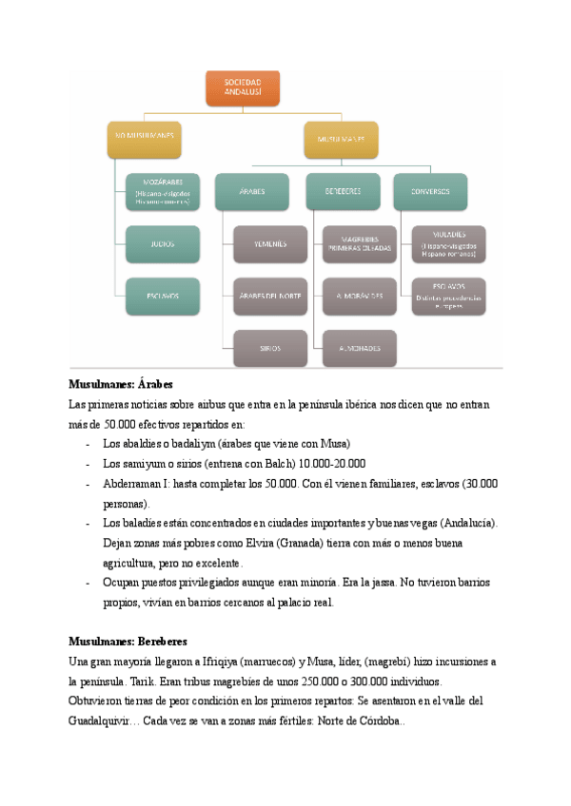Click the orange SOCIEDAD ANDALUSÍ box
pos(243,87)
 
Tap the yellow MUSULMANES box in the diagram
pos(341,139)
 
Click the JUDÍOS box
pos(162,243)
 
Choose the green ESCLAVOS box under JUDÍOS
pos(162,296)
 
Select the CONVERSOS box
pos(430,191)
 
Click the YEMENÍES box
pos(270,243)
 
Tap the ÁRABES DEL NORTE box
pos(270,297)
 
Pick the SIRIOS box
pos(270,348)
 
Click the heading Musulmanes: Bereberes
pos(128,642)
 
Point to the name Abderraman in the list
pos(134,484)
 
